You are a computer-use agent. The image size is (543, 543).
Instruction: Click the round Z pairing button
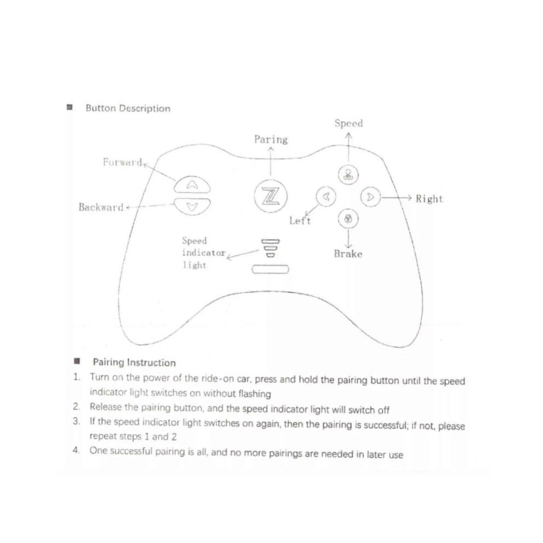270,196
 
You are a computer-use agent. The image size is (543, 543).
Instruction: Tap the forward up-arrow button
192,185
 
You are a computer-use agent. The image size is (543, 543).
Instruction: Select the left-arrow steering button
326,197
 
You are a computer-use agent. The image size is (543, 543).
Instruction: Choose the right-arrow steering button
371,197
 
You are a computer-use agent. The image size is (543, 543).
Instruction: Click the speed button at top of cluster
348,174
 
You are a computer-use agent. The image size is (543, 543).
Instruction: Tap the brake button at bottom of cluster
348,219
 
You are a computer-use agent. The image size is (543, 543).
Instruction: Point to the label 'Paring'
271,139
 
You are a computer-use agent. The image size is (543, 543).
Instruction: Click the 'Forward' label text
123,162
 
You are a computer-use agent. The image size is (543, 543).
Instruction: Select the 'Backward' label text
101,207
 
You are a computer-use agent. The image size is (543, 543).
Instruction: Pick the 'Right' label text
429,199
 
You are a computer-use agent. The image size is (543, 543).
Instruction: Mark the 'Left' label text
300,220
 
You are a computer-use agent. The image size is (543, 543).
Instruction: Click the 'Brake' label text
348,254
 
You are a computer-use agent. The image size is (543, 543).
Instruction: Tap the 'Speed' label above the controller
349,123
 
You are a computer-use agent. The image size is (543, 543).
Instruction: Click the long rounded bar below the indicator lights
270,269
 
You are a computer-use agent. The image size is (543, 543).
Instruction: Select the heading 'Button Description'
128,109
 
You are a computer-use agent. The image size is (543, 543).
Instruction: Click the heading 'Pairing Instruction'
134,363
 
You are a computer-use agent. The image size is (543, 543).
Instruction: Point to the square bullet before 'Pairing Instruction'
77,361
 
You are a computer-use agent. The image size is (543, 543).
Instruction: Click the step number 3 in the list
76,421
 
